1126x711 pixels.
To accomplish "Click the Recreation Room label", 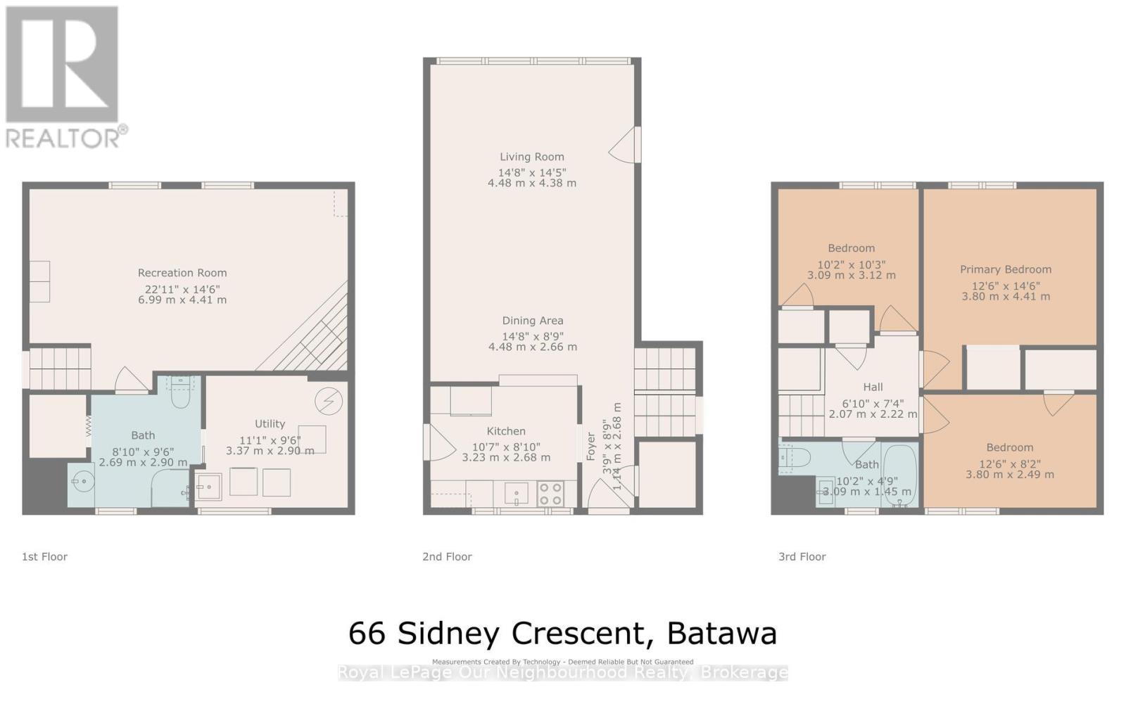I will point(182,273).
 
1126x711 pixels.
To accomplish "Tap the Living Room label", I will point(532,157).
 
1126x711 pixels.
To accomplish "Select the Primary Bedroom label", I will point(1006,269).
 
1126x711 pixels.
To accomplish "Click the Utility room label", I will point(270,423).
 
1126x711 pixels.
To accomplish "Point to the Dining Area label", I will point(532,321).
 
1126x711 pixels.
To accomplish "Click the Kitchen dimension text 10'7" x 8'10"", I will point(506,447).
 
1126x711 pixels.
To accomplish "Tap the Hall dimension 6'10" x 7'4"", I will point(873,404).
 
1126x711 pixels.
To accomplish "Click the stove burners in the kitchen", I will point(550,493).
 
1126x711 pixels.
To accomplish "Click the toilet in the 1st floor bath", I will point(182,395).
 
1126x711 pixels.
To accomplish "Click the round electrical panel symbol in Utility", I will point(328,401).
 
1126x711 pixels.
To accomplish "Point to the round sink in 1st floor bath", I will point(82,482).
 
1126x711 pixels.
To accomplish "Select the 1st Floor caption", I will point(44,556).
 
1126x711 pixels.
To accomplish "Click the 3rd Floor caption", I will point(802,556).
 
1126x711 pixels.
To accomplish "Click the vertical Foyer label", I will point(590,447).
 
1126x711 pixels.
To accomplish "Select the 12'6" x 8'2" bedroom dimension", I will point(1009,464).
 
